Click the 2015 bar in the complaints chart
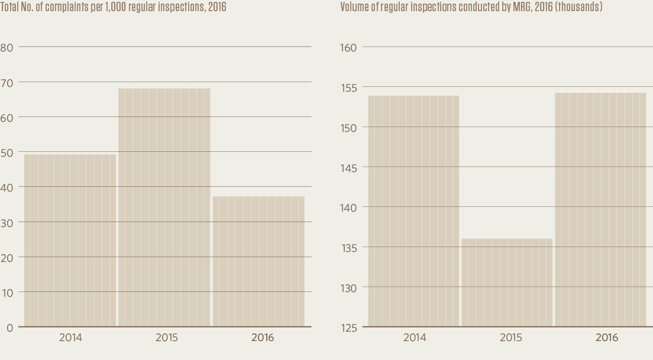coord(164,207)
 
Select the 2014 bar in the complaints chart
coord(70,240)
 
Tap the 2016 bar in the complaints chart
coord(258,261)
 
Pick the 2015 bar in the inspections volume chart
coord(507,282)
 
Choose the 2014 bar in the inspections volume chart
coord(413,210)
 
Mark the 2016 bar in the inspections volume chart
coord(600,209)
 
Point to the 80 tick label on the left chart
coord(7,47)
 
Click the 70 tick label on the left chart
coord(7,82)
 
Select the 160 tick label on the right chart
coord(349,47)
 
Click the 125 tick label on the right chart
coord(349,327)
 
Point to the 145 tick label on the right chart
coord(349,167)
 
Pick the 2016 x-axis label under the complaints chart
coord(263,338)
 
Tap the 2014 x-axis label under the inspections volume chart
coord(415,338)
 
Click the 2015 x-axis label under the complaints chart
coord(167,338)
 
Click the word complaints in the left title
coord(65,7)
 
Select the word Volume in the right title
coord(353,7)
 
